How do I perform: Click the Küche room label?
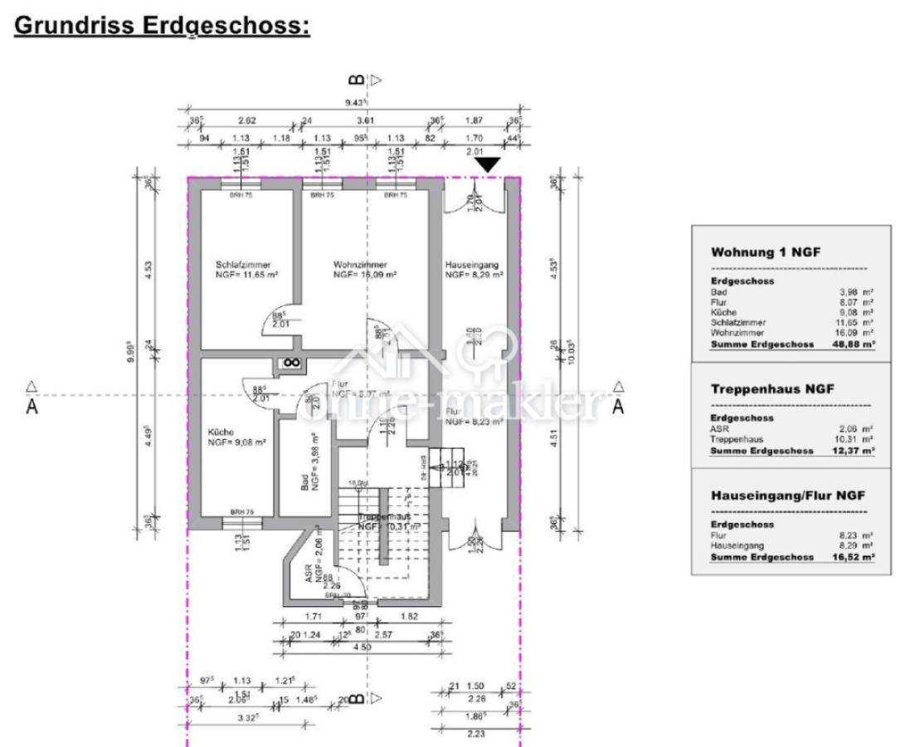[x=221, y=432]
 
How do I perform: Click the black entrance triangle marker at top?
[x=489, y=165]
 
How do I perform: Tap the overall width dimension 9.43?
[x=358, y=104]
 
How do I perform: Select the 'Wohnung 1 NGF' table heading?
[x=766, y=252]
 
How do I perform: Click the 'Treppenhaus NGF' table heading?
[x=771, y=388]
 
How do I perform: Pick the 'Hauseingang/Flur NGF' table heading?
[x=787, y=496]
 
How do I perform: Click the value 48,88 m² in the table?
[x=854, y=343]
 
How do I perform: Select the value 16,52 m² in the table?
[x=854, y=557]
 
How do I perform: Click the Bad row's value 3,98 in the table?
[x=851, y=292]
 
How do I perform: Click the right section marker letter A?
[x=618, y=408]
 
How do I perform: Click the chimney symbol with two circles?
[x=291, y=363]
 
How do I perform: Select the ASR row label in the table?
[x=720, y=429]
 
